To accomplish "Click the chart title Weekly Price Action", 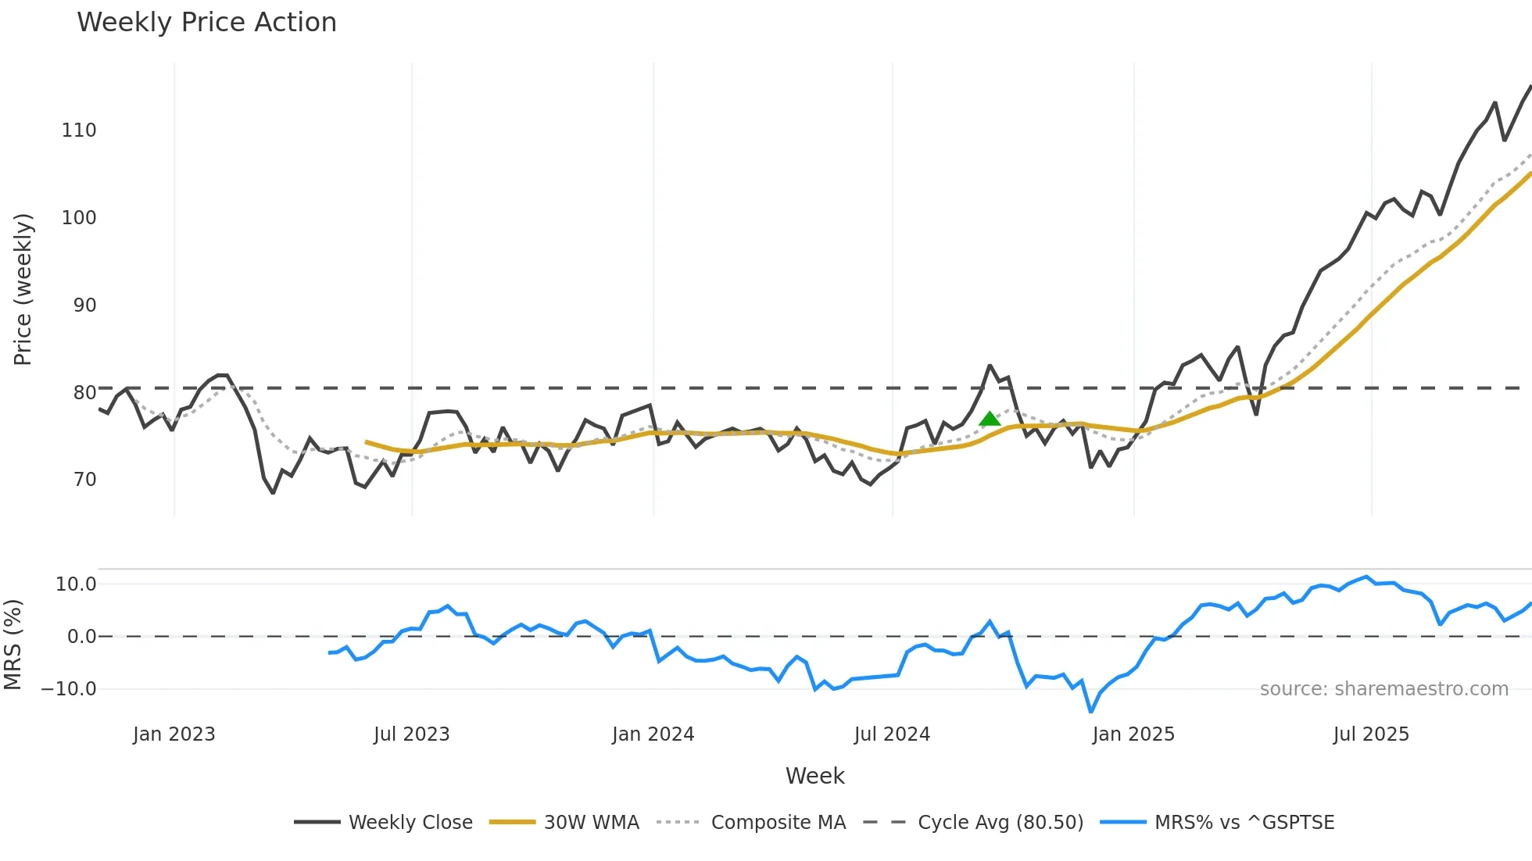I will coord(206,23).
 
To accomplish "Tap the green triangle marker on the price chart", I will coord(990,420).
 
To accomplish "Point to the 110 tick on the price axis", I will coord(79,130).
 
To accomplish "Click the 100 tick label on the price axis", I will coord(79,218).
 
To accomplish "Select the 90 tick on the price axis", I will coord(84,305).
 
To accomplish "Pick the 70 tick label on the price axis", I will coord(84,480).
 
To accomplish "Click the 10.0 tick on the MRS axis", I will coord(76,584).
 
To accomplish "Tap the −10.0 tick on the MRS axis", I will coord(69,689).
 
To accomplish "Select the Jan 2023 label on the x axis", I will coord(174,734).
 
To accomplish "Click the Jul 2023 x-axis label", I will coord(411,734).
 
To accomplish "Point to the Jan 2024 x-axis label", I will coord(653,734).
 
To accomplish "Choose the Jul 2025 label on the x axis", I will coord(1371,734).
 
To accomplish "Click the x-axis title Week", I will coord(814,776).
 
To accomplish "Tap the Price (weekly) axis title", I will coord(23,289).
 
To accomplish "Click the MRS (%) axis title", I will coord(13,645).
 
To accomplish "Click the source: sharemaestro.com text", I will coord(1383,689).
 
